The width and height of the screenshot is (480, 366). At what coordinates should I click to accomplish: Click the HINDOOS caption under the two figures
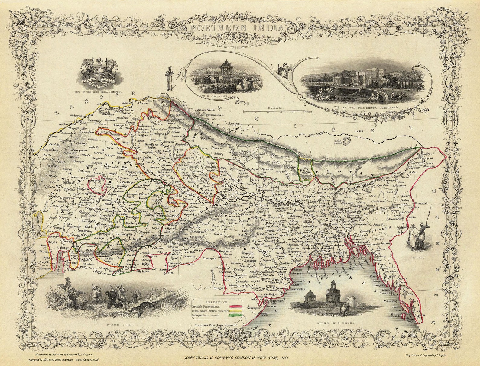pos(418,258)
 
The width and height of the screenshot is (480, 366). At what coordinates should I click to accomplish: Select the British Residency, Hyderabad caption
pos(366,108)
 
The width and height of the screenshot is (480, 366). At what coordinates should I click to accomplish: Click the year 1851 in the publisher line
pos(283,358)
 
